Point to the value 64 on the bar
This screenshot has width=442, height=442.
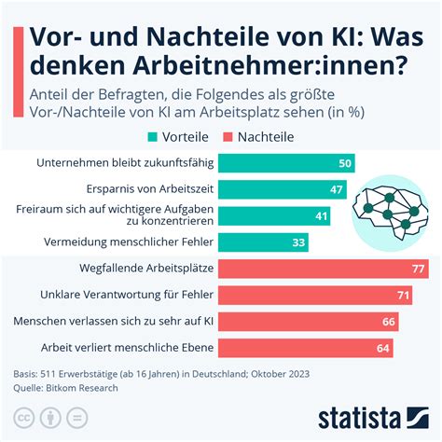382,348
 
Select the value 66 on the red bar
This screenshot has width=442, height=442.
388,322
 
